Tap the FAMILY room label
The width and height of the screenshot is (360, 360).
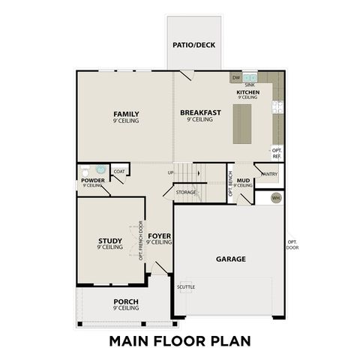[126, 114]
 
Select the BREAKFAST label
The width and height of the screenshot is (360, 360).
[200, 112]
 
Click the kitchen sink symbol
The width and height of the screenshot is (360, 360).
[250, 77]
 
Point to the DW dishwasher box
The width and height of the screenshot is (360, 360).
[235, 77]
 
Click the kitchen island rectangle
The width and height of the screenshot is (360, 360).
[241, 123]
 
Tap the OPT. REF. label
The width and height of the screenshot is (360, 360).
[277, 153]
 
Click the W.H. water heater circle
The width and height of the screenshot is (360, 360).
[275, 198]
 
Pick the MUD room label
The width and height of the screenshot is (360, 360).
[243, 181]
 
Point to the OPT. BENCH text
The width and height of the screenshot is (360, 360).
[230, 184]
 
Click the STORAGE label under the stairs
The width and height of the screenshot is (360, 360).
[186, 192]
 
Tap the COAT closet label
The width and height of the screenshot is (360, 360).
[119, 172]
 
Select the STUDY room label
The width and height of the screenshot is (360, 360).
[109, 241]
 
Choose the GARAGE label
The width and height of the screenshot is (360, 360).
[231, 259]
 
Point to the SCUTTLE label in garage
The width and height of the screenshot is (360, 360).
[186, 286]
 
